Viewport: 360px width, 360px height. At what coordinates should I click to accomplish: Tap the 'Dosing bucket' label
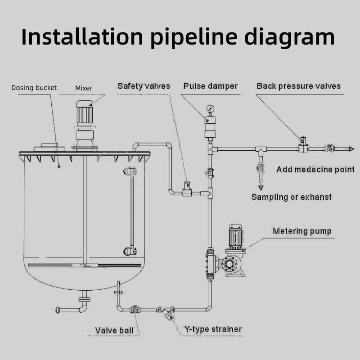coord(34,88)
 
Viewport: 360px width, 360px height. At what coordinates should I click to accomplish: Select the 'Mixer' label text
coord(84,88)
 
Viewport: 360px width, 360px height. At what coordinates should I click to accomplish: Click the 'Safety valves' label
coord(144,86)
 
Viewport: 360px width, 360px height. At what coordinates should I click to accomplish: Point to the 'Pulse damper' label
coord(210,86)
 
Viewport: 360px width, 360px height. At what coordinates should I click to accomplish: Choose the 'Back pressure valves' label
coord(298,86)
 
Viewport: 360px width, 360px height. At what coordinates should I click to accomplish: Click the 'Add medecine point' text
coord(315,170)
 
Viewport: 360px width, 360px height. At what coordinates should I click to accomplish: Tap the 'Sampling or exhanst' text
coord(291,197)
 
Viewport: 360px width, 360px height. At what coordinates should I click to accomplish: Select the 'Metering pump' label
coord(302,231)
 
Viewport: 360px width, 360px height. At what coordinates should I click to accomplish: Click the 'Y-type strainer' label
coord(213,329)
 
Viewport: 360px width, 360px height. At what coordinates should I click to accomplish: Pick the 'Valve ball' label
coord(114,331)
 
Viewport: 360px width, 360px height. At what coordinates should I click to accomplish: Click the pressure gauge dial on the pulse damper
coord(210,108)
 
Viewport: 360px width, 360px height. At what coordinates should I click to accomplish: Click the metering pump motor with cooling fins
coord(235,238)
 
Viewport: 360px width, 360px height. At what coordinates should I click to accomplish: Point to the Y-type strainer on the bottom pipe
coord(168,313)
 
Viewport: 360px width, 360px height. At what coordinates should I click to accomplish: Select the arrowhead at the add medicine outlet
coord(351,149)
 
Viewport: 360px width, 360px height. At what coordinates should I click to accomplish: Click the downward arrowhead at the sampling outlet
coord(261,187)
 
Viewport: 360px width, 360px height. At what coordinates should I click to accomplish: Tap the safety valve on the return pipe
coord(187,189)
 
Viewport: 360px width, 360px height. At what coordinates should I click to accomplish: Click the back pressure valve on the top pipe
coord(303,145)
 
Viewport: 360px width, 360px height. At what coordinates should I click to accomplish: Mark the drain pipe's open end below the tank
coord(58,310)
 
